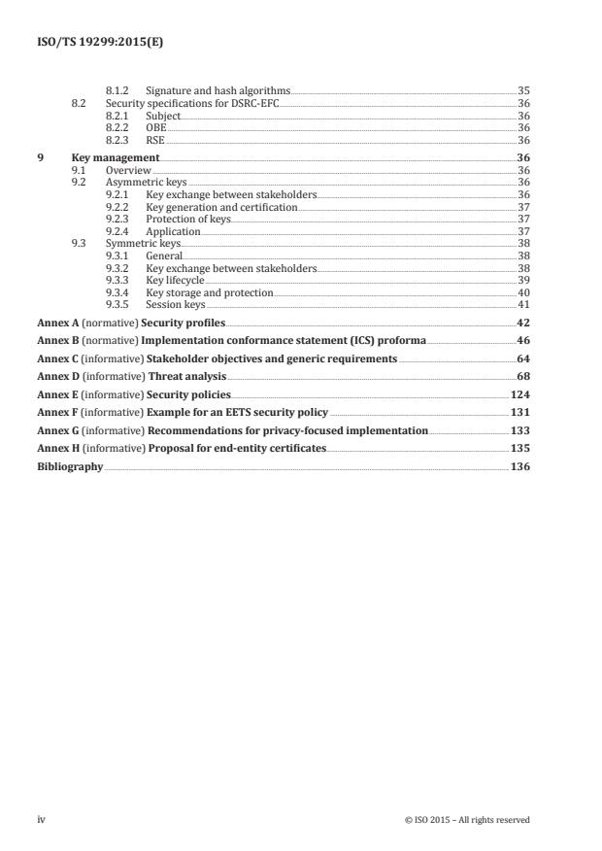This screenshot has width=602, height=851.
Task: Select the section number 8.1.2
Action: pyautogui.click(x=117, y=89)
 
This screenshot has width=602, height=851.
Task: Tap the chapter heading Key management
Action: pyautogui.click(x=116, y=157)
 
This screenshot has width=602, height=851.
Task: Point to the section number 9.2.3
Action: pyautogui.click(x=117, y=221)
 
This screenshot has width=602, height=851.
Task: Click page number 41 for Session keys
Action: pyautogui.click(x=522, y=305)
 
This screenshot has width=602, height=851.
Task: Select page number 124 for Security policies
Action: pyautogui.click(x=519, y=394)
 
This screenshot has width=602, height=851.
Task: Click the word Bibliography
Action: pyautogui.click(x=70, y=466)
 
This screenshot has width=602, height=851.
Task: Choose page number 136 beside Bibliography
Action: pyautogui.click(x=519, y=466)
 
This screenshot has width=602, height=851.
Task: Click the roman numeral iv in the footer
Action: pyautogui.click(x=42, y=820)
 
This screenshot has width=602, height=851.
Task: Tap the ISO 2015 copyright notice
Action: pyautogui.click(x=467, y=820)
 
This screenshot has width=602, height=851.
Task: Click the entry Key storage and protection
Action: pyautogui.click(x=210, y=292)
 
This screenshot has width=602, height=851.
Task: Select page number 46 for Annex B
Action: pyautogui.click(x=522, y=341)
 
